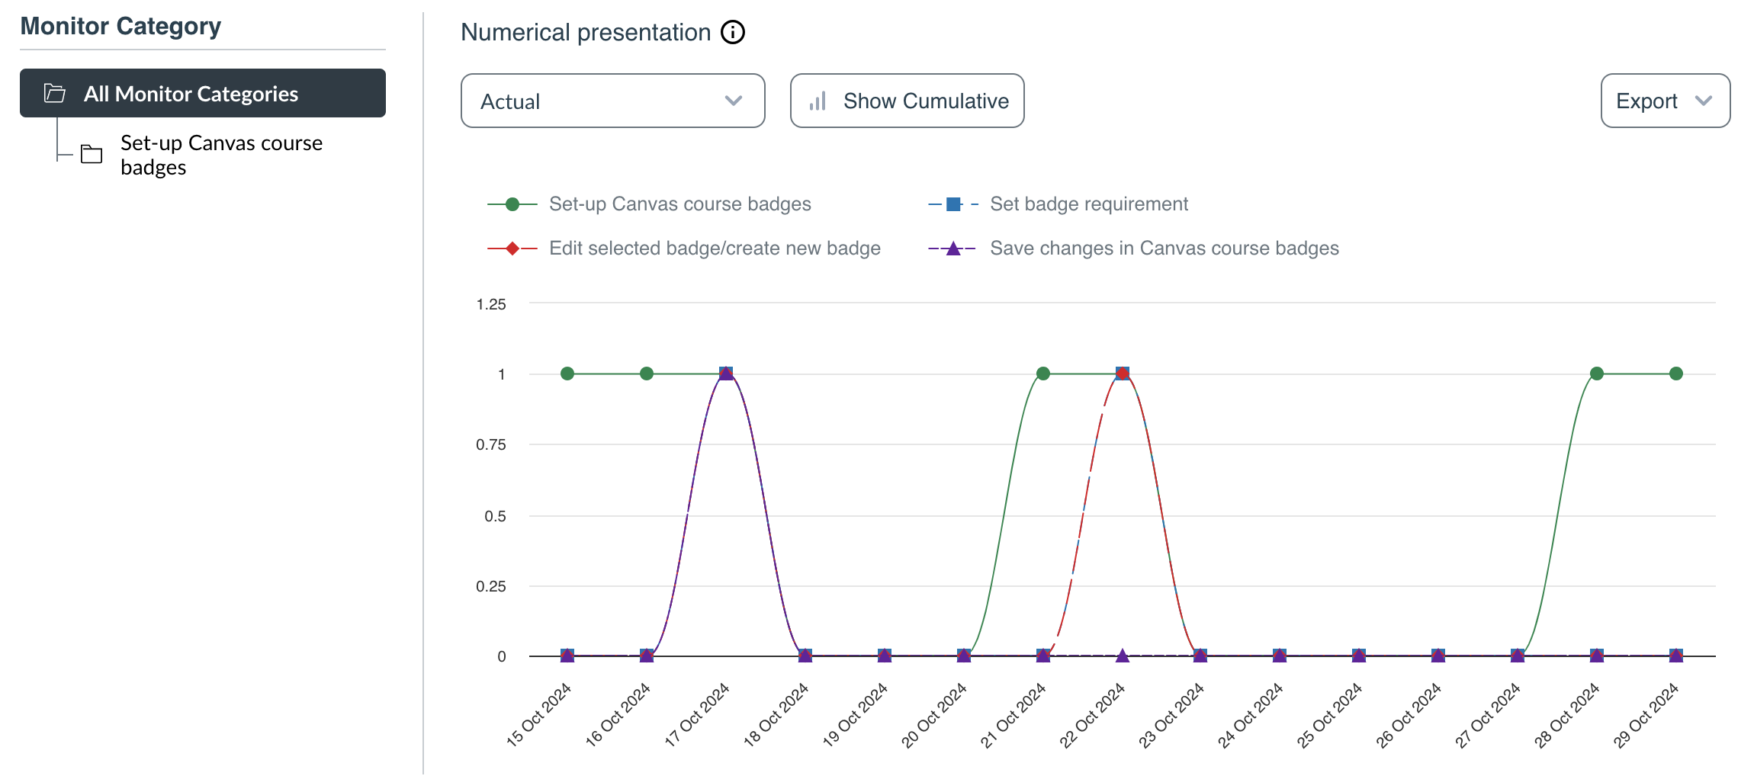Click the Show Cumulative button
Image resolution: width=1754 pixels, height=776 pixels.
click(907, 101)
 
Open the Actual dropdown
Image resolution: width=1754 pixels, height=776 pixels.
click(612, 101)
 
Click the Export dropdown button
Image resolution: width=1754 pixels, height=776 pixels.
click(1665, 101)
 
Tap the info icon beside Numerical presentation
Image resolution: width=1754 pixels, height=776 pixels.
click(733, 33)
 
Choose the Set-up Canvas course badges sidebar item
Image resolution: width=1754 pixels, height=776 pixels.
click(221, 155)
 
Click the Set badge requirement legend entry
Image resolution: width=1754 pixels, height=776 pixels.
click(1088, 204)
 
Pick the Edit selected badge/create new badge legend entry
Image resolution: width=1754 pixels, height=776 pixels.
click(714, 249)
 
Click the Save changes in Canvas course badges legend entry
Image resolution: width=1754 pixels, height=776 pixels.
click(1164, 249)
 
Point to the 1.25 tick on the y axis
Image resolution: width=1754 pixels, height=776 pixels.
click(491, 304)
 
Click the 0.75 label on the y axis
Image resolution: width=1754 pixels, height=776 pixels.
click(491, 444)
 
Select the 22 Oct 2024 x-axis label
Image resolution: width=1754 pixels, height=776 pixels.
click(1093, 714)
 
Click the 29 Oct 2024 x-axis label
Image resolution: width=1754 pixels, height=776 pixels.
click(1646, 714)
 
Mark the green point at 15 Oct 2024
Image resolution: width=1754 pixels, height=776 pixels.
click(567, 374)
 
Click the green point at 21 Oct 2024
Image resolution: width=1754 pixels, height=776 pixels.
click(1043, 374)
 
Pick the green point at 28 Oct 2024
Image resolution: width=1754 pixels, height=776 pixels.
click(1597, 374)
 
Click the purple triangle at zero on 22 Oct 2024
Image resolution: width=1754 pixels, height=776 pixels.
click(1123, 656)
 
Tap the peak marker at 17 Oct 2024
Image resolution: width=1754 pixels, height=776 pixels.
click(726, 374)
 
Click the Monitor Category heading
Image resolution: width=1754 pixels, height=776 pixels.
click(120, 27)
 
